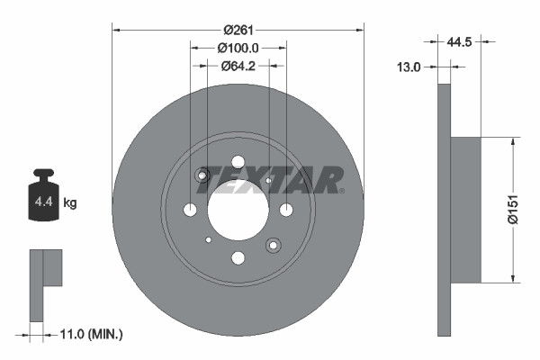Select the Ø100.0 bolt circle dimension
[238, 48]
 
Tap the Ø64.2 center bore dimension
[238, 65]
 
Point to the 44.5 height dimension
[459, 40]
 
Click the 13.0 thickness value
[410, 66]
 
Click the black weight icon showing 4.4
[43, 195]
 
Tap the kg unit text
[70, 203]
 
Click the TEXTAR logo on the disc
[270, 180]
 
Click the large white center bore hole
[238, 210]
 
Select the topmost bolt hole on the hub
[238, 162]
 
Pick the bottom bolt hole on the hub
[238, 258]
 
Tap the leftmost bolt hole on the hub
[190, 210]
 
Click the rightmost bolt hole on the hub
[286, 210]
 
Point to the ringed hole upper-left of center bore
[203, 175]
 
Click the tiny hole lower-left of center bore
[209, 239]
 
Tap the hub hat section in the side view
[466, 209]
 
